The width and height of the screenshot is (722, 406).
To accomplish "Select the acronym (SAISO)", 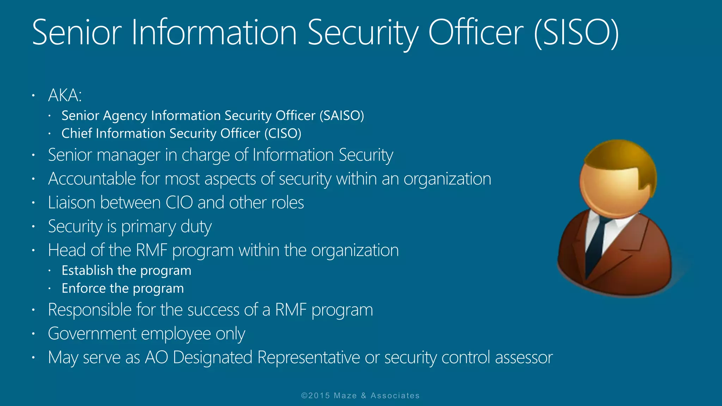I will pos(342,116).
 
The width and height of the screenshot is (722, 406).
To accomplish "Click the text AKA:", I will pos(65,95).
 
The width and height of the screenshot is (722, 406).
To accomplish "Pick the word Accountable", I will pos(92,179).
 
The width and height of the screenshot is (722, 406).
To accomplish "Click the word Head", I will pos(67,250).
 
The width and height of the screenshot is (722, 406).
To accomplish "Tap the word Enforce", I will pos(84,288).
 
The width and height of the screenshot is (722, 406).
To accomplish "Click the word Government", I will pos(92,334).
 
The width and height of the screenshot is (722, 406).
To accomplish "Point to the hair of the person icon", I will pos(624,159).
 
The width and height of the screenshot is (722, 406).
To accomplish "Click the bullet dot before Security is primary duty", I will pos(33,227).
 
